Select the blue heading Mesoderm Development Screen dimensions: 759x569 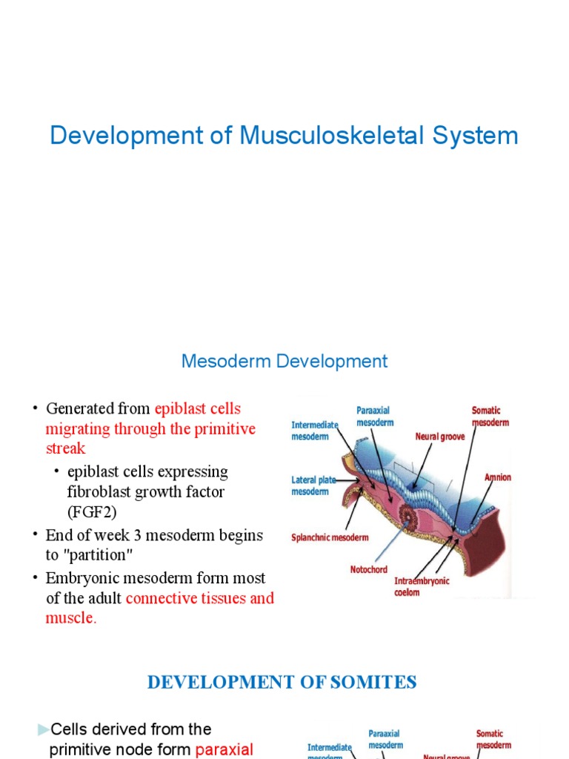(284, 362)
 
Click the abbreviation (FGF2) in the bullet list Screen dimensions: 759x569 (92, 512)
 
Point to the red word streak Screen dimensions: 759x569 (65, 448)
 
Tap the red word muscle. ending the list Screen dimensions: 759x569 (71, 618)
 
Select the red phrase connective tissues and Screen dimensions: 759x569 (200, 598)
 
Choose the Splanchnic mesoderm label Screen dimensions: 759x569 (330, 538)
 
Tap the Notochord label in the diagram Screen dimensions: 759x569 (371, 570)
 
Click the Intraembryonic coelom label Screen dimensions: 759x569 (422, 586)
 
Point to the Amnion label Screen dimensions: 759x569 (497, 477)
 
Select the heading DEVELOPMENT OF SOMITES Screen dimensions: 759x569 (282, 682)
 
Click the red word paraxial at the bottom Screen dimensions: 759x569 (224, 749)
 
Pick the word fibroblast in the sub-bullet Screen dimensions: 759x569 (102, 492)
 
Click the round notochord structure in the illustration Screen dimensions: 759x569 (409, 511)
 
